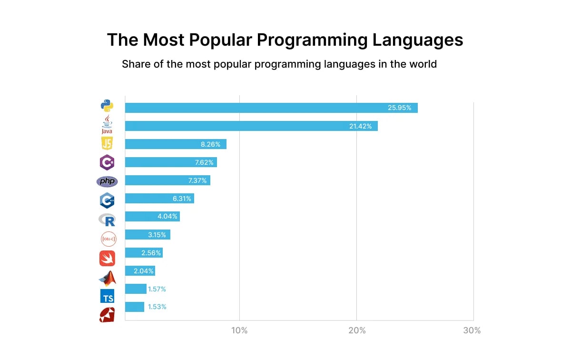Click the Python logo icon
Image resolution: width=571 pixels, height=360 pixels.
pyautogui.click(x=107, y=106)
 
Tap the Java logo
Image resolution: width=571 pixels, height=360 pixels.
pyautogui.click(x=107, y=125)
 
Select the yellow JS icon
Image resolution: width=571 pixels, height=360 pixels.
pyautogui.click(x=107, y=143)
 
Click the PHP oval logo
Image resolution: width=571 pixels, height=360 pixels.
pyautogui.click(x=107, y=181)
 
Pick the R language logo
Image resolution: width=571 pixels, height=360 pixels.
pyautogui.click(x=107, y=220)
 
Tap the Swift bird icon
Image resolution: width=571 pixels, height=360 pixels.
pyautogui.click(x=107, y=258)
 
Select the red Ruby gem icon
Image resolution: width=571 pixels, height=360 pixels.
pyautogui.click(x=107, y=315)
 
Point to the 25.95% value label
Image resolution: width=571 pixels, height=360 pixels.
pyautogui.click(x=399, y=108)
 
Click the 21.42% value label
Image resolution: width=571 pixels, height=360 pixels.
pyautogui.click(x=359, y=126)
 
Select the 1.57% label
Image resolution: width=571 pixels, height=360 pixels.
pyautogui.click(x=157, y=289)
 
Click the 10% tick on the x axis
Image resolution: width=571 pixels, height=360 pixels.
pyautogui.click(x=239, y=330)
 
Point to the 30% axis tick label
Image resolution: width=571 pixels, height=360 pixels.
pyautogui.click(x=472, y=330)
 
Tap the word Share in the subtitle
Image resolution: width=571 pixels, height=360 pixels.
pyautogui.click(x=136, y=63)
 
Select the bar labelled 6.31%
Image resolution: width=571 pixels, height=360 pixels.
pyautogui.click(x=159, y=199)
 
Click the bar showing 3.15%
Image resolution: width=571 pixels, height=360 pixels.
pyautogui.click(x=148, y=235)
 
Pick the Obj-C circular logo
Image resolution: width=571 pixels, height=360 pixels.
pyautogui.click(x=108, y=239)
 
